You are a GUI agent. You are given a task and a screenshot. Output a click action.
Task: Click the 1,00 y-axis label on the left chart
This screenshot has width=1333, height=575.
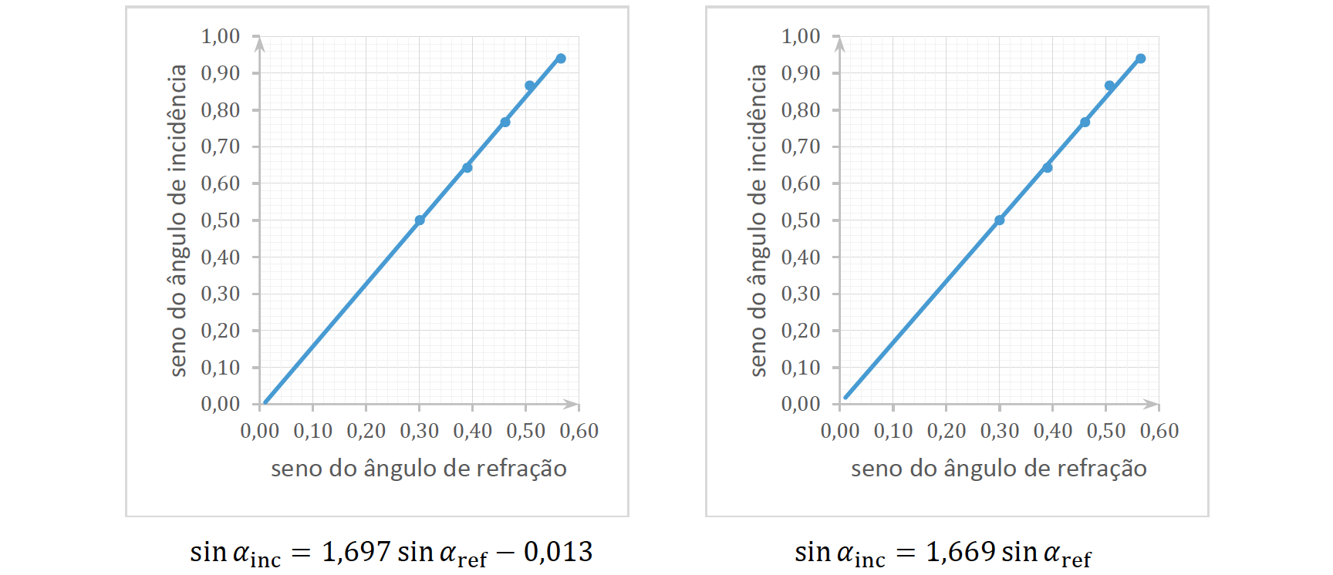pyautogui.click(x=221, y=36)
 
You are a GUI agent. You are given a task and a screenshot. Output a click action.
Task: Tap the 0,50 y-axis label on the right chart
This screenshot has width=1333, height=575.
pyautogui.click(x=801, y=220)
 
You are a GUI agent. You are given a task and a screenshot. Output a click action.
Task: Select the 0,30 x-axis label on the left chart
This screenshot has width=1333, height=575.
pyautogui.click(x=419, y=431)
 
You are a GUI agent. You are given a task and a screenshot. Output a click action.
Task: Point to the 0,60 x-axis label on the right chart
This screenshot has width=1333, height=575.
pyautogui.click(x=1159, y=431)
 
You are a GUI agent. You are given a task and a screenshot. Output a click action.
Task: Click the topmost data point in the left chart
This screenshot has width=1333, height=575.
pyautogui.click(x=561, y=59)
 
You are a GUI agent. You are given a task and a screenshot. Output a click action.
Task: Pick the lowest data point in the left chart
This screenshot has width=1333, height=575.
pyautogui.click(x=420, y=220)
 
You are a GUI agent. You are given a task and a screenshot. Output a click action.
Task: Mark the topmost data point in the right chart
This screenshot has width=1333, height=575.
pyautogui.click(x=1141, y=59)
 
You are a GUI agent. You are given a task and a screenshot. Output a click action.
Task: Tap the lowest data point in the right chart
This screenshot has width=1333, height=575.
pyautogui.click(x=1000, y=220)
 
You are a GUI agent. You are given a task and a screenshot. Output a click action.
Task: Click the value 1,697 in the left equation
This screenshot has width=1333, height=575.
pyautogui.click(x=356, y=552)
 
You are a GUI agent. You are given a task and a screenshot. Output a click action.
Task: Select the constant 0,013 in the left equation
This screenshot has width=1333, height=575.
pyautogui.click(x=558, y=552)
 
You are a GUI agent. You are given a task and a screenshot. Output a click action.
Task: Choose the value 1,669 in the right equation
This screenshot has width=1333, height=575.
pyautogui.click(x=960, y=552)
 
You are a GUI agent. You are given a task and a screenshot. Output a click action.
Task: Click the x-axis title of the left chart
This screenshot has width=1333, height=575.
pyautogui.click(x=419, y=469)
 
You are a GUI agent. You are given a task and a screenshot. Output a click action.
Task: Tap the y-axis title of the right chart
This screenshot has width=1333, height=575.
pyautogui.click(x=758, y=220)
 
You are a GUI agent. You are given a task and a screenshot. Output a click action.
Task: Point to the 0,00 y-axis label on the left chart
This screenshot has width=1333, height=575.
pyautogui.click(x=221, y=404)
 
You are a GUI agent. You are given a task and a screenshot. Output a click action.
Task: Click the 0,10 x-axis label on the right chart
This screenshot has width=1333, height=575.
pyautogui.click(x=893, y=431)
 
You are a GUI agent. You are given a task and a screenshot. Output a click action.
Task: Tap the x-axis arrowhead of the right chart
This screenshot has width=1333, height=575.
pyautogui.click(x=1151, y=404)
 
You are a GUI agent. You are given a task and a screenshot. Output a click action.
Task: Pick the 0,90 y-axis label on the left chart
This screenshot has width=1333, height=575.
pyautogui.click(x=221, y=73)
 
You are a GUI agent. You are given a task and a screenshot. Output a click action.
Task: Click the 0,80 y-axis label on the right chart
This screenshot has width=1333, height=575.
pyautogui.click(x=801, y=110)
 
